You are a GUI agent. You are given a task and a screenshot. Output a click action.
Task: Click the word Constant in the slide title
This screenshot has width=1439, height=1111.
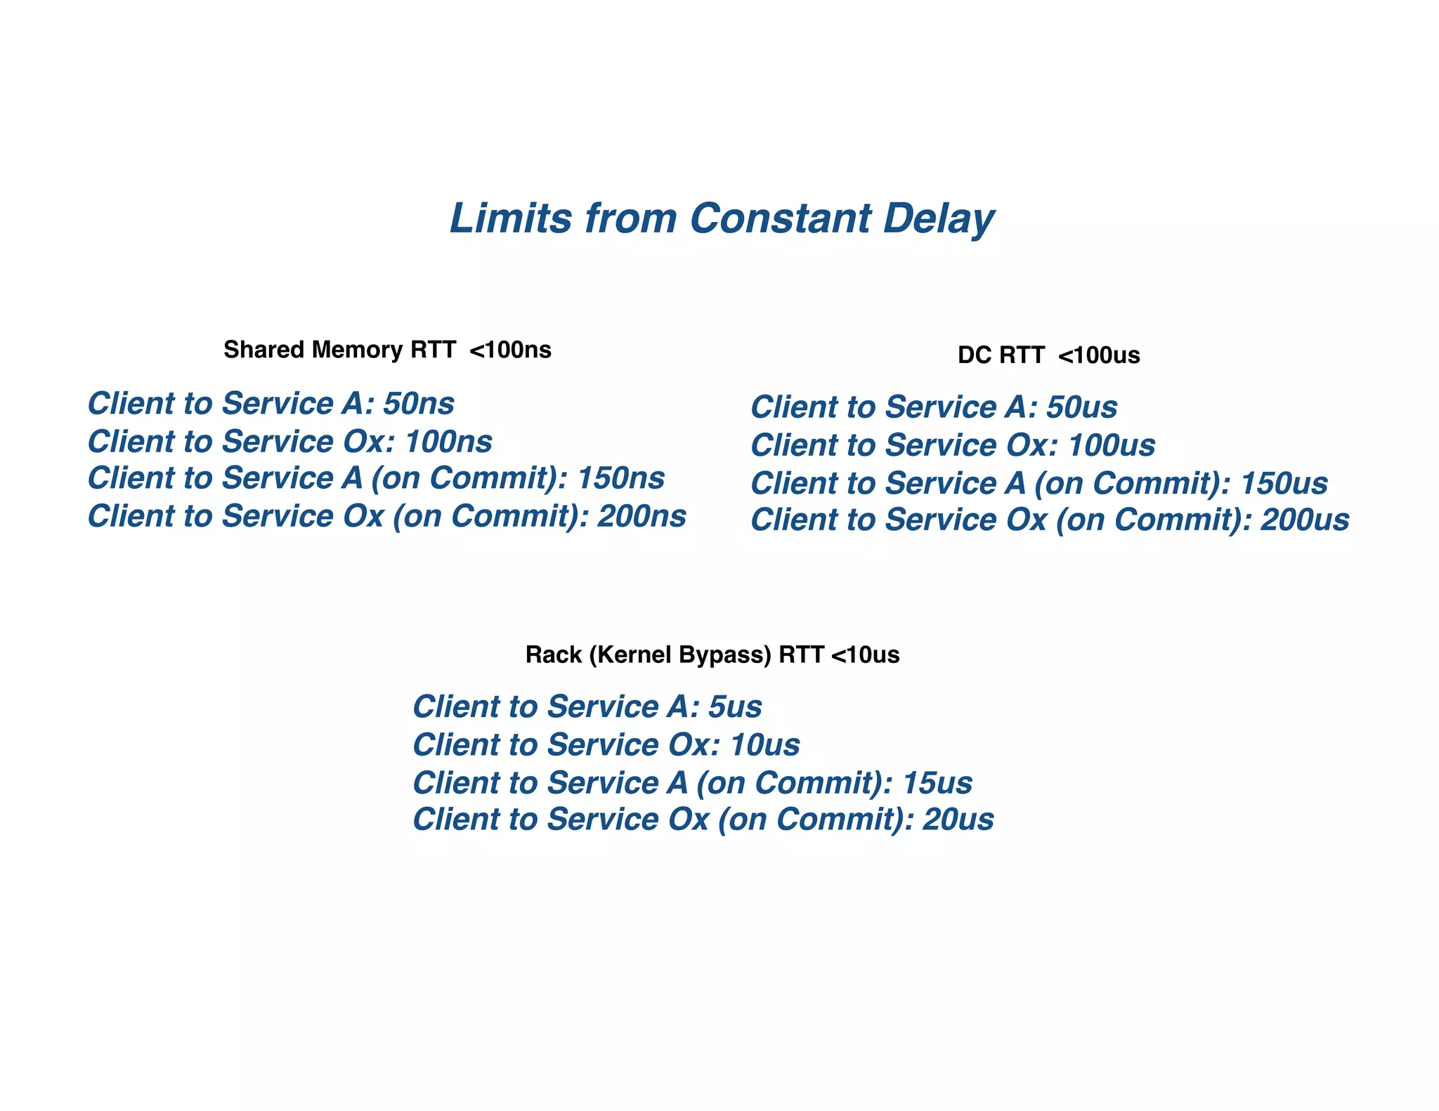coord(780,218)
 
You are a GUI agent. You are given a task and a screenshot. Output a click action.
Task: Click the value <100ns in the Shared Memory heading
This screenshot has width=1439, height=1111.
coord(510,350)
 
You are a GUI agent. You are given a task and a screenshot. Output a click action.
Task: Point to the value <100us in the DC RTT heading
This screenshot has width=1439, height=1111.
coord(1099,355)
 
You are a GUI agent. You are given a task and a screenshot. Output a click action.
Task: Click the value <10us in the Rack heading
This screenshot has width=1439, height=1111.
coord(865,655)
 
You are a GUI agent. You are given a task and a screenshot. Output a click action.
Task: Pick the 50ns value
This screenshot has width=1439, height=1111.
coord(419,404)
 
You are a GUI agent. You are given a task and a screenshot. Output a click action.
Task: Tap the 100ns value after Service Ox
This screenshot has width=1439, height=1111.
coord(449,442)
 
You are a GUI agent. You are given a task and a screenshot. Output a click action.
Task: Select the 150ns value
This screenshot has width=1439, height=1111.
coord(621,478)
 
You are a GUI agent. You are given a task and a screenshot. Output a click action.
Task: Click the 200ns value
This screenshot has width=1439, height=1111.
coord(642,516)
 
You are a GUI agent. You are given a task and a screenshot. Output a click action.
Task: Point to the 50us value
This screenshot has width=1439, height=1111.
coord(1082,407)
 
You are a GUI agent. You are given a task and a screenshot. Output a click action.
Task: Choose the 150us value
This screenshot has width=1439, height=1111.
coord(1284,483)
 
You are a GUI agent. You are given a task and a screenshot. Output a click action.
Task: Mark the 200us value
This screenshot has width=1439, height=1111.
coord(1305,520)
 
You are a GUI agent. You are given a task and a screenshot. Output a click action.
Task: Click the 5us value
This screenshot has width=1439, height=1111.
coord(735,706)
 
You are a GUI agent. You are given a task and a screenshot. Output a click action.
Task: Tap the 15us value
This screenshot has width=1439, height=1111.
coord(937,783)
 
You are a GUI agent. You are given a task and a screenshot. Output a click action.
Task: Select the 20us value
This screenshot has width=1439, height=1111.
coord(958,820)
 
